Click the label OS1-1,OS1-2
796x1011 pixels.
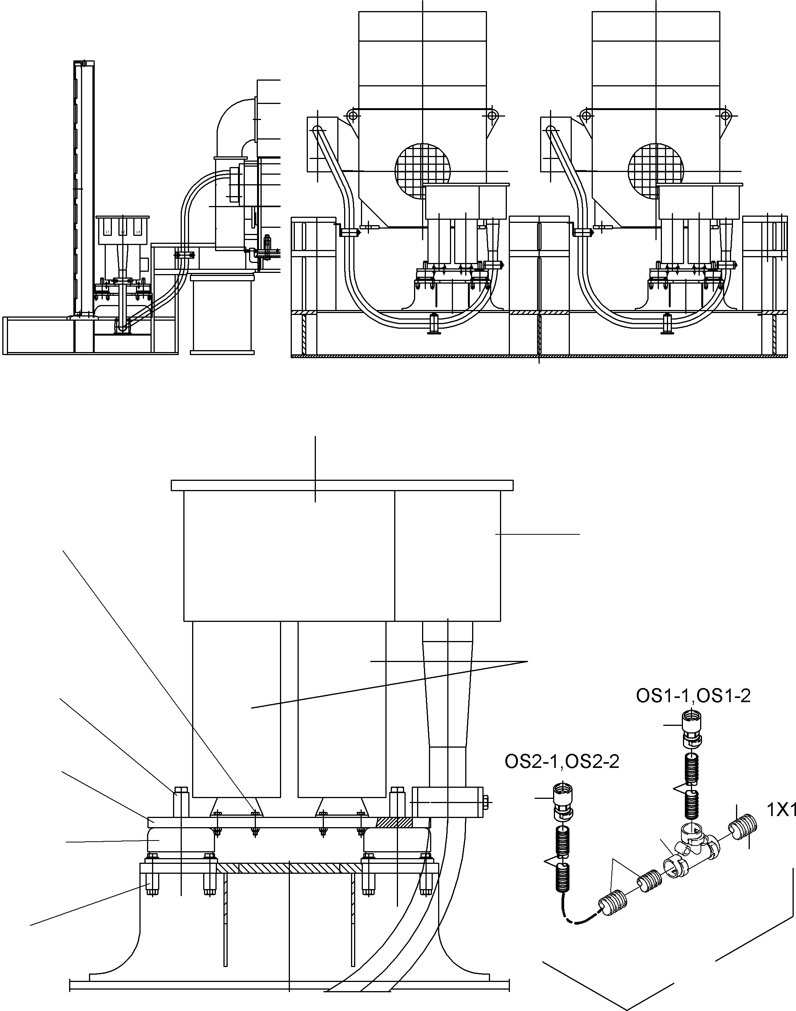(693, 696)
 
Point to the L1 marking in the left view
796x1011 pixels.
(108, 231)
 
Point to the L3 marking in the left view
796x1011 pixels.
(138, 231)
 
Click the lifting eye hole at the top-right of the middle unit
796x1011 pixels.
(491, 115)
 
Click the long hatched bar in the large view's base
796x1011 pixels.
(289, 868)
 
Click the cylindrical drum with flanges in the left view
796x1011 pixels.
(222, 315)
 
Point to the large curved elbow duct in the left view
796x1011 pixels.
(235, 121)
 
